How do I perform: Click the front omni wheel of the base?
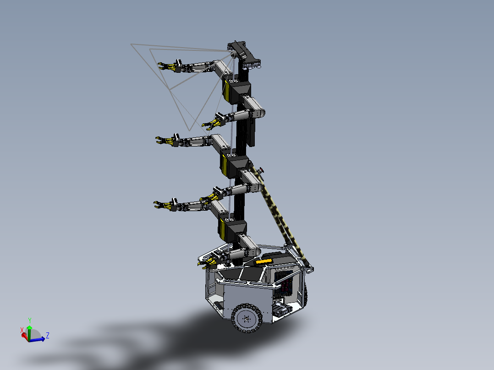point(247,317)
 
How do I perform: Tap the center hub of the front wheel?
point(247,318)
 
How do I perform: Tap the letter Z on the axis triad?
point(48,335)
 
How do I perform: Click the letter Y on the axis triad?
point(29,320)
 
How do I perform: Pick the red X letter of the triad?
point(22,330)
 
